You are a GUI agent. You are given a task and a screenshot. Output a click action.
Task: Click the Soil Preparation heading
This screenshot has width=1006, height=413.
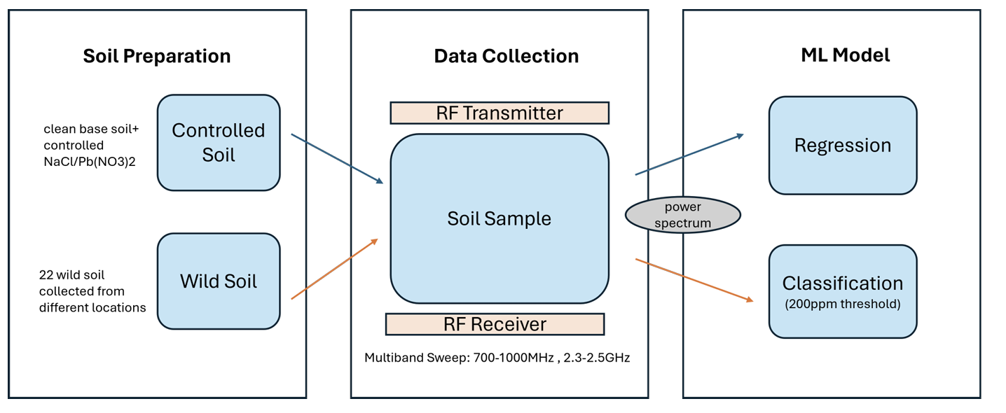coord(157,56)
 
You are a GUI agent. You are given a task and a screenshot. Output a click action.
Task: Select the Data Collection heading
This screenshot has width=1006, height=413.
coord(507,56)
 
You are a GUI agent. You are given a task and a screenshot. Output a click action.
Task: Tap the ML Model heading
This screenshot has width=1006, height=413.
coord(845,55)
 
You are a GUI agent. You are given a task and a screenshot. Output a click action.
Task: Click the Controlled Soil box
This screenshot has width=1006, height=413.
coord(219,142)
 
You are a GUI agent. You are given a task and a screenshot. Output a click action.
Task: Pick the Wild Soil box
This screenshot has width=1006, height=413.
coord(219,281)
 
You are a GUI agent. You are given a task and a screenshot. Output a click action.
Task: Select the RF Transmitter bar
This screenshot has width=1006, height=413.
coord(499,113)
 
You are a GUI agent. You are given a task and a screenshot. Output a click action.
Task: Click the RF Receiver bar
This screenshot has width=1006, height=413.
coord(495,324)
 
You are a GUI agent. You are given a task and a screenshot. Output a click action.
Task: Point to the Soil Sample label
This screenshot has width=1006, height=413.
coord(499,218)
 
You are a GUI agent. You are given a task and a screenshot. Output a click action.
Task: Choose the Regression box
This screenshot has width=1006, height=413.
coord(843,146)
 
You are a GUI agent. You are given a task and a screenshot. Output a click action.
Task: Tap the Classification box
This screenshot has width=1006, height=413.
coord(843,290)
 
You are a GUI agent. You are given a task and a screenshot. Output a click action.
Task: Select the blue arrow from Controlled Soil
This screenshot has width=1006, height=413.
coord(337,159)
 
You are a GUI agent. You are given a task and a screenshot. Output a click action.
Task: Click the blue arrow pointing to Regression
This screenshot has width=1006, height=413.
coord(689,155)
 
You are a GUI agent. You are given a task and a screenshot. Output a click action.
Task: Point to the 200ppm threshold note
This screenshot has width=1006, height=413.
coord(843,304)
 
